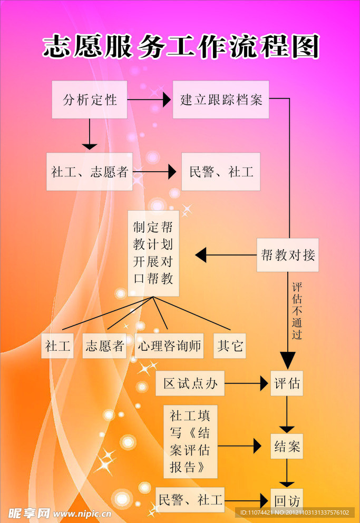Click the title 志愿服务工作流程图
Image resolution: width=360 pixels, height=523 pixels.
click(181, 47)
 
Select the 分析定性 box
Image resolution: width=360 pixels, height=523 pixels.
click(90, 100)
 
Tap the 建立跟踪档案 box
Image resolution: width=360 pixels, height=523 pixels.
click(221, 100)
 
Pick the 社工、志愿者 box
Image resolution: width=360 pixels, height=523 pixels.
click(90, 172)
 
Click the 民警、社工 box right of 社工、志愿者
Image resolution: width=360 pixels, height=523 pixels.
click(221, 172)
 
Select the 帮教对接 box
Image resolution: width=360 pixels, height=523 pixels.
click(288, 255)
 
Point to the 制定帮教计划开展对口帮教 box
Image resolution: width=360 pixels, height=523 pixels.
click(153, 253)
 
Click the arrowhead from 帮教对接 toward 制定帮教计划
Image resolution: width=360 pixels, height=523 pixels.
click(201, 255)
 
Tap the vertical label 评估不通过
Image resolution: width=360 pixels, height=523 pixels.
click(297, 311)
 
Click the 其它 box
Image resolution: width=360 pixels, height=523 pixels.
click(230, 346)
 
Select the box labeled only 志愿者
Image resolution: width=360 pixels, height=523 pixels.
click(104, 346)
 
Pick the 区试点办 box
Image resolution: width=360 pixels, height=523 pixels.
click(190, 383)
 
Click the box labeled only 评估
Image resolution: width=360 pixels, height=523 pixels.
click(287, 383)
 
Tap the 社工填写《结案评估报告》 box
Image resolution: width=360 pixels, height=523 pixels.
click(190, 441)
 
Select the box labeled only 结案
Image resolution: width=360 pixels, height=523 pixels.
click(287, 447)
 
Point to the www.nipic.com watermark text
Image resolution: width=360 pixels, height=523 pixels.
click(82, 514)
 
